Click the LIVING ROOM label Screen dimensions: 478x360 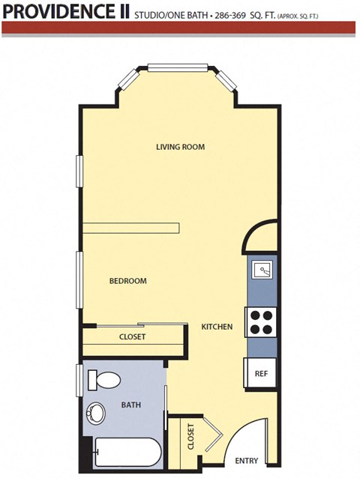point(180,147)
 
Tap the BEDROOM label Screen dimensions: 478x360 point(127,281)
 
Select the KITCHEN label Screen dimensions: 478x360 point(217,327)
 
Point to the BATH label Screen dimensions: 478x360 point(131,405)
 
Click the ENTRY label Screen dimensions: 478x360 point(247,461)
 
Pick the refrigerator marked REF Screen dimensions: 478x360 point(261,372)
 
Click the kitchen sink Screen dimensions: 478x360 point(263,268)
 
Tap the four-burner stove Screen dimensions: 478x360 point(261,321)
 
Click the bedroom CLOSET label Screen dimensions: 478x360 point(133,337)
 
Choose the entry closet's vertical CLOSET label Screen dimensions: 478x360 point(190,437)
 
